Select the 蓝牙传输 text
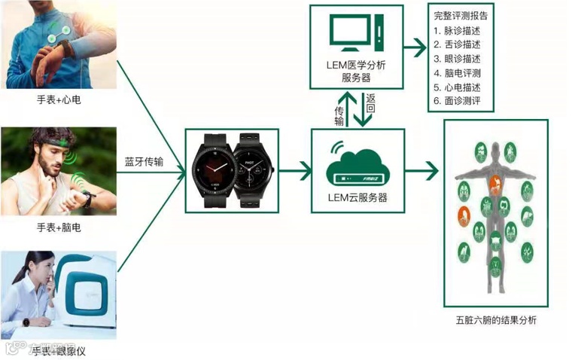click(x=144, y=161)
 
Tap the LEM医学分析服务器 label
click(x=358, y=72)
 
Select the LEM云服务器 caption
click(x=358, y=198)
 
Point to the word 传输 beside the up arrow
click(x=339, y=115)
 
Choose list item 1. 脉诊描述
click(x=458, y=31)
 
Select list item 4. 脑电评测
click(x=458, y=73)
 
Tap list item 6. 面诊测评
click(x=458, y=101)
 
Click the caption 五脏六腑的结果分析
click(x=497, y=321)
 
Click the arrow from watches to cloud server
click(x=295, y=170)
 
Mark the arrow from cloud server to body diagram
click(x=422, y=170)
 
